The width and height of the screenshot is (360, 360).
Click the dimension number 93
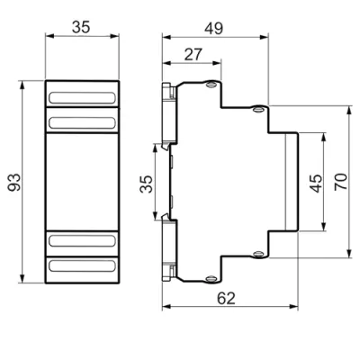(14, 182)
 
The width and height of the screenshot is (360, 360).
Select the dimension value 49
(214, 29)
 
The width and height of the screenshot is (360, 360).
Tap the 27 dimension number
(193, 55)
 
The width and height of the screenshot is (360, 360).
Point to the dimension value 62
(226, 298)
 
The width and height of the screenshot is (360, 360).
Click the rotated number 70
(341, 181)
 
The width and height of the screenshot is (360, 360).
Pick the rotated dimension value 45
(316, 184)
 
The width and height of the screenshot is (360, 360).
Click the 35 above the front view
(81, 27)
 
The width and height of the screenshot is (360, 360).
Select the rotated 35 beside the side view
(147, 184)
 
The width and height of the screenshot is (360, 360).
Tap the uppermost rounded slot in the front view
(82, 98)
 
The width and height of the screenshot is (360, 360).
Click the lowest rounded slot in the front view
(82, 266)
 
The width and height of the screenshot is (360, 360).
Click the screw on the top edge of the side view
(211, 85)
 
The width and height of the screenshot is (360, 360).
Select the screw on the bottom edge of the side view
(211, 279)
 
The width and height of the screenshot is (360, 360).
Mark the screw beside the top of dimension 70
(258, 109)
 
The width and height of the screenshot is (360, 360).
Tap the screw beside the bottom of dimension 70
(258, 255)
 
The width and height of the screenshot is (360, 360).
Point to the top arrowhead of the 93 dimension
(22, 85)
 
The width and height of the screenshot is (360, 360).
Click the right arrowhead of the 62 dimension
(293, 306)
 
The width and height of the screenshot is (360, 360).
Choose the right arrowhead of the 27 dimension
(217, 63)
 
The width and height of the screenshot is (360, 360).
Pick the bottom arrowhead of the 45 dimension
(323, 227)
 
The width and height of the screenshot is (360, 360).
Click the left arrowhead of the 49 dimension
(166, 37)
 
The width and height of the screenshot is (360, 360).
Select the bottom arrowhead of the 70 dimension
(349, 253)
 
